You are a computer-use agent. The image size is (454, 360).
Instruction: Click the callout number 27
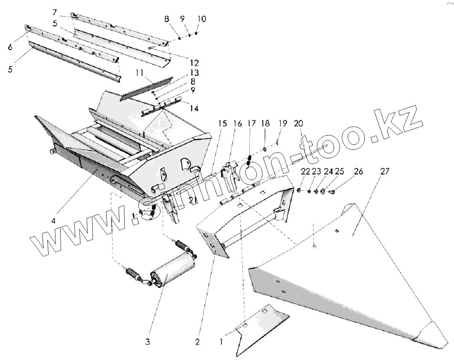tap(385, 171)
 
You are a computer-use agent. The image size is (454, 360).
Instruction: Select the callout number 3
tap(148, 342)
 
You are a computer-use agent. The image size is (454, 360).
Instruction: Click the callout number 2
tap(197, 342)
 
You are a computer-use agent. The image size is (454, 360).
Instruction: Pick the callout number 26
tap(358, 171)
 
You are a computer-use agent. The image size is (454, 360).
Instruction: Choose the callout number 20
tap(298, 124)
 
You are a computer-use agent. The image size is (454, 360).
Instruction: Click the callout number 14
tap(194, 108)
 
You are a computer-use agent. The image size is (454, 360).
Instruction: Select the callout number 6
tap(10, 47)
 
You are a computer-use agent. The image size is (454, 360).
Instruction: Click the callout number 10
tap(202, 19)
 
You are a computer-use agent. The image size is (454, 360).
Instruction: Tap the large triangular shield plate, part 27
tap(341, 273)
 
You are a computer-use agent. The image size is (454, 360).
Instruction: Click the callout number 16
tap(237, 124)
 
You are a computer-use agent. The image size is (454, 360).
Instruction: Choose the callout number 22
tap(305, 171)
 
